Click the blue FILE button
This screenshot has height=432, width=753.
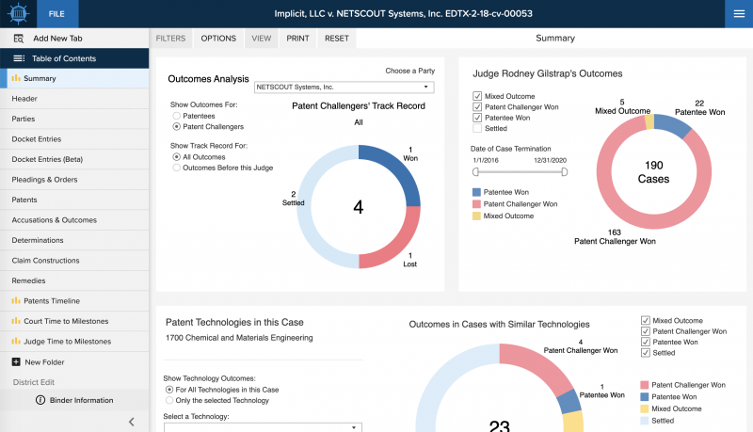tap(56, 13)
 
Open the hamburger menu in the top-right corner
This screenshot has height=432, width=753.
tap(738, 13)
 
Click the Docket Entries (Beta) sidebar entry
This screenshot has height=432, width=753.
tap(47, 159)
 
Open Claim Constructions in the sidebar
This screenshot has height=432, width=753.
tap(45, 261)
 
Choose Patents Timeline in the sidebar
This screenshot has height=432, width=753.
tap(51, 301)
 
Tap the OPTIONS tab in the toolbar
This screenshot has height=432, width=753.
tap(218, 39)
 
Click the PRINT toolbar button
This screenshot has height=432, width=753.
tap(297, 39)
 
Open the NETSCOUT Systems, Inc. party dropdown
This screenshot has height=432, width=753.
tap(343, 87)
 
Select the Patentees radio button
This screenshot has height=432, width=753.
tap(176, 115)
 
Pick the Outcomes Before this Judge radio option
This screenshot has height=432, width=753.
tap(176, 168)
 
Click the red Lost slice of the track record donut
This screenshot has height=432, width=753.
tap(395, 247)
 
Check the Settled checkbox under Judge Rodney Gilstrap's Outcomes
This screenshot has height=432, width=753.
tap(478, 129)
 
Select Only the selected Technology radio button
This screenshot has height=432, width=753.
tap(169, 400)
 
